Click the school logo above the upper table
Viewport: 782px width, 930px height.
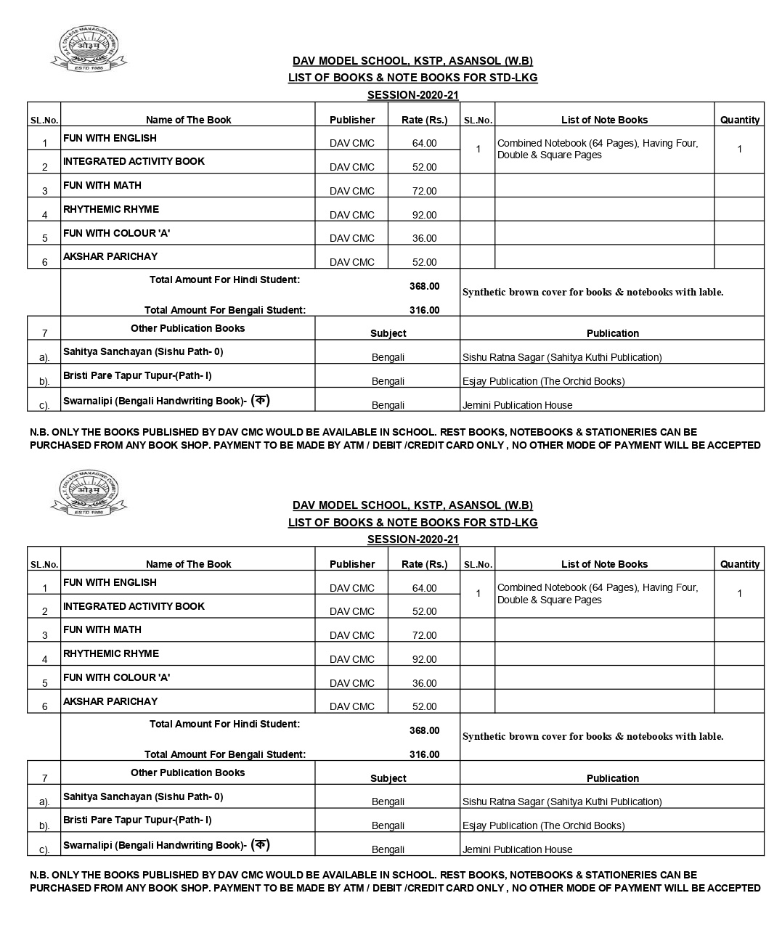88,49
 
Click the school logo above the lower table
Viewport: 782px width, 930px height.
88,494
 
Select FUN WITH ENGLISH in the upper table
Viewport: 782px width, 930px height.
110,138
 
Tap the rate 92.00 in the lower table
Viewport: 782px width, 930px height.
424,659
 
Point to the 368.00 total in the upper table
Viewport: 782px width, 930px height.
424,286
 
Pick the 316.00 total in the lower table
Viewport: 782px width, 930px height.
424,754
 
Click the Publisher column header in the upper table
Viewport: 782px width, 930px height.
352,120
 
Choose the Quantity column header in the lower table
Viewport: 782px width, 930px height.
739,564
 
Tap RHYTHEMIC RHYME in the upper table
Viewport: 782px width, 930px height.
111,209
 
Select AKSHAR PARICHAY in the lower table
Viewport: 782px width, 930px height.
110,701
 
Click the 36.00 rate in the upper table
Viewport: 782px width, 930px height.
424,238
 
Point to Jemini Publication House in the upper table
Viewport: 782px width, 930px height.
517,405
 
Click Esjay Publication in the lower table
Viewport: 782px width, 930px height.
543,825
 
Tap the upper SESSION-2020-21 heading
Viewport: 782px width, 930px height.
412,94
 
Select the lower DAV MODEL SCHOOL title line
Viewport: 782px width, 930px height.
412,505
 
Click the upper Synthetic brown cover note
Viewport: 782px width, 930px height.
592,292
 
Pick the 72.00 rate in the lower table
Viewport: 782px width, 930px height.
424,635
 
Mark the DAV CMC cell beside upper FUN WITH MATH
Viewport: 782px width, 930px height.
352,191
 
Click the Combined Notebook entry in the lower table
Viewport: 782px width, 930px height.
597,593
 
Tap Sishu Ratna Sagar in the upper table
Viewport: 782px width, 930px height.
561,357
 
